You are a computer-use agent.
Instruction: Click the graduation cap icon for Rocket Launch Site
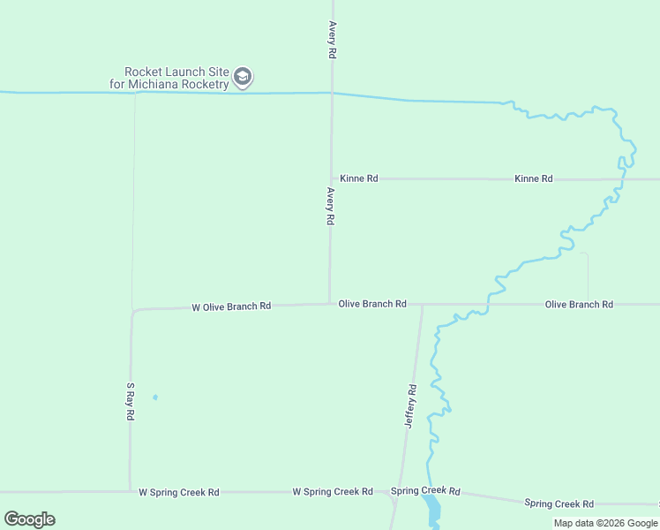244,78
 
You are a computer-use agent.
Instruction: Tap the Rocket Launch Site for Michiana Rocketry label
176,78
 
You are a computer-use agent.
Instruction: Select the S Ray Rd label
130,401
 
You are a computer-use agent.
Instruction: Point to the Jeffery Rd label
410,406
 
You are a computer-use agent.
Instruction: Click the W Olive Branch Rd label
231,307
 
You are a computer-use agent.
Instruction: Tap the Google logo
29,519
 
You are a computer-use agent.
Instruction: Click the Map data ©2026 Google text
605,523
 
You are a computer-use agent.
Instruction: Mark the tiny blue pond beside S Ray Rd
155,397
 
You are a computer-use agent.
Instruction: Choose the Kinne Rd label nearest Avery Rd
359,178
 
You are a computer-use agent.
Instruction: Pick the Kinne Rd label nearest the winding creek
534,178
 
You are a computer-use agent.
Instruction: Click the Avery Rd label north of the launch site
332,40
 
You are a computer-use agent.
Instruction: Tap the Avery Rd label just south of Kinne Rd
330,206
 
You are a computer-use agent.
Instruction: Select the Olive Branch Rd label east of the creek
579,304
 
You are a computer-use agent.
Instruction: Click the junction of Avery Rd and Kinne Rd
332,178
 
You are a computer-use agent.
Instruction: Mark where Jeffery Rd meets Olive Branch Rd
422,305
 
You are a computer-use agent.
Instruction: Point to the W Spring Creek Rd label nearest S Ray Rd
178,492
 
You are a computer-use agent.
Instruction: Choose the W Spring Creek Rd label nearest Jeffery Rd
333,491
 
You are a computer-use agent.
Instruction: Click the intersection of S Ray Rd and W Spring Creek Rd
130,491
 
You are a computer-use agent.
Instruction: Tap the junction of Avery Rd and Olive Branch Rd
330,304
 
